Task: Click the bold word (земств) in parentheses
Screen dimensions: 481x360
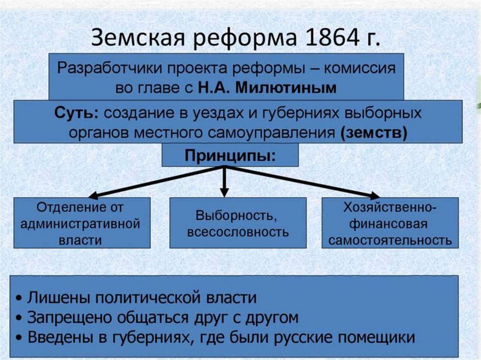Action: tap(374, 132)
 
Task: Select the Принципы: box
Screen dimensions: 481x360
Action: tap(230, 155)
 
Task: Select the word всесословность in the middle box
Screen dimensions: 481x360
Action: tap(238, 231)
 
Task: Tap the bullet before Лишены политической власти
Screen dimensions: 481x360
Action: tap(18, 299)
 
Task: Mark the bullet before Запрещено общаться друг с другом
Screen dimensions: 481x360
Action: tap(18, 318)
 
